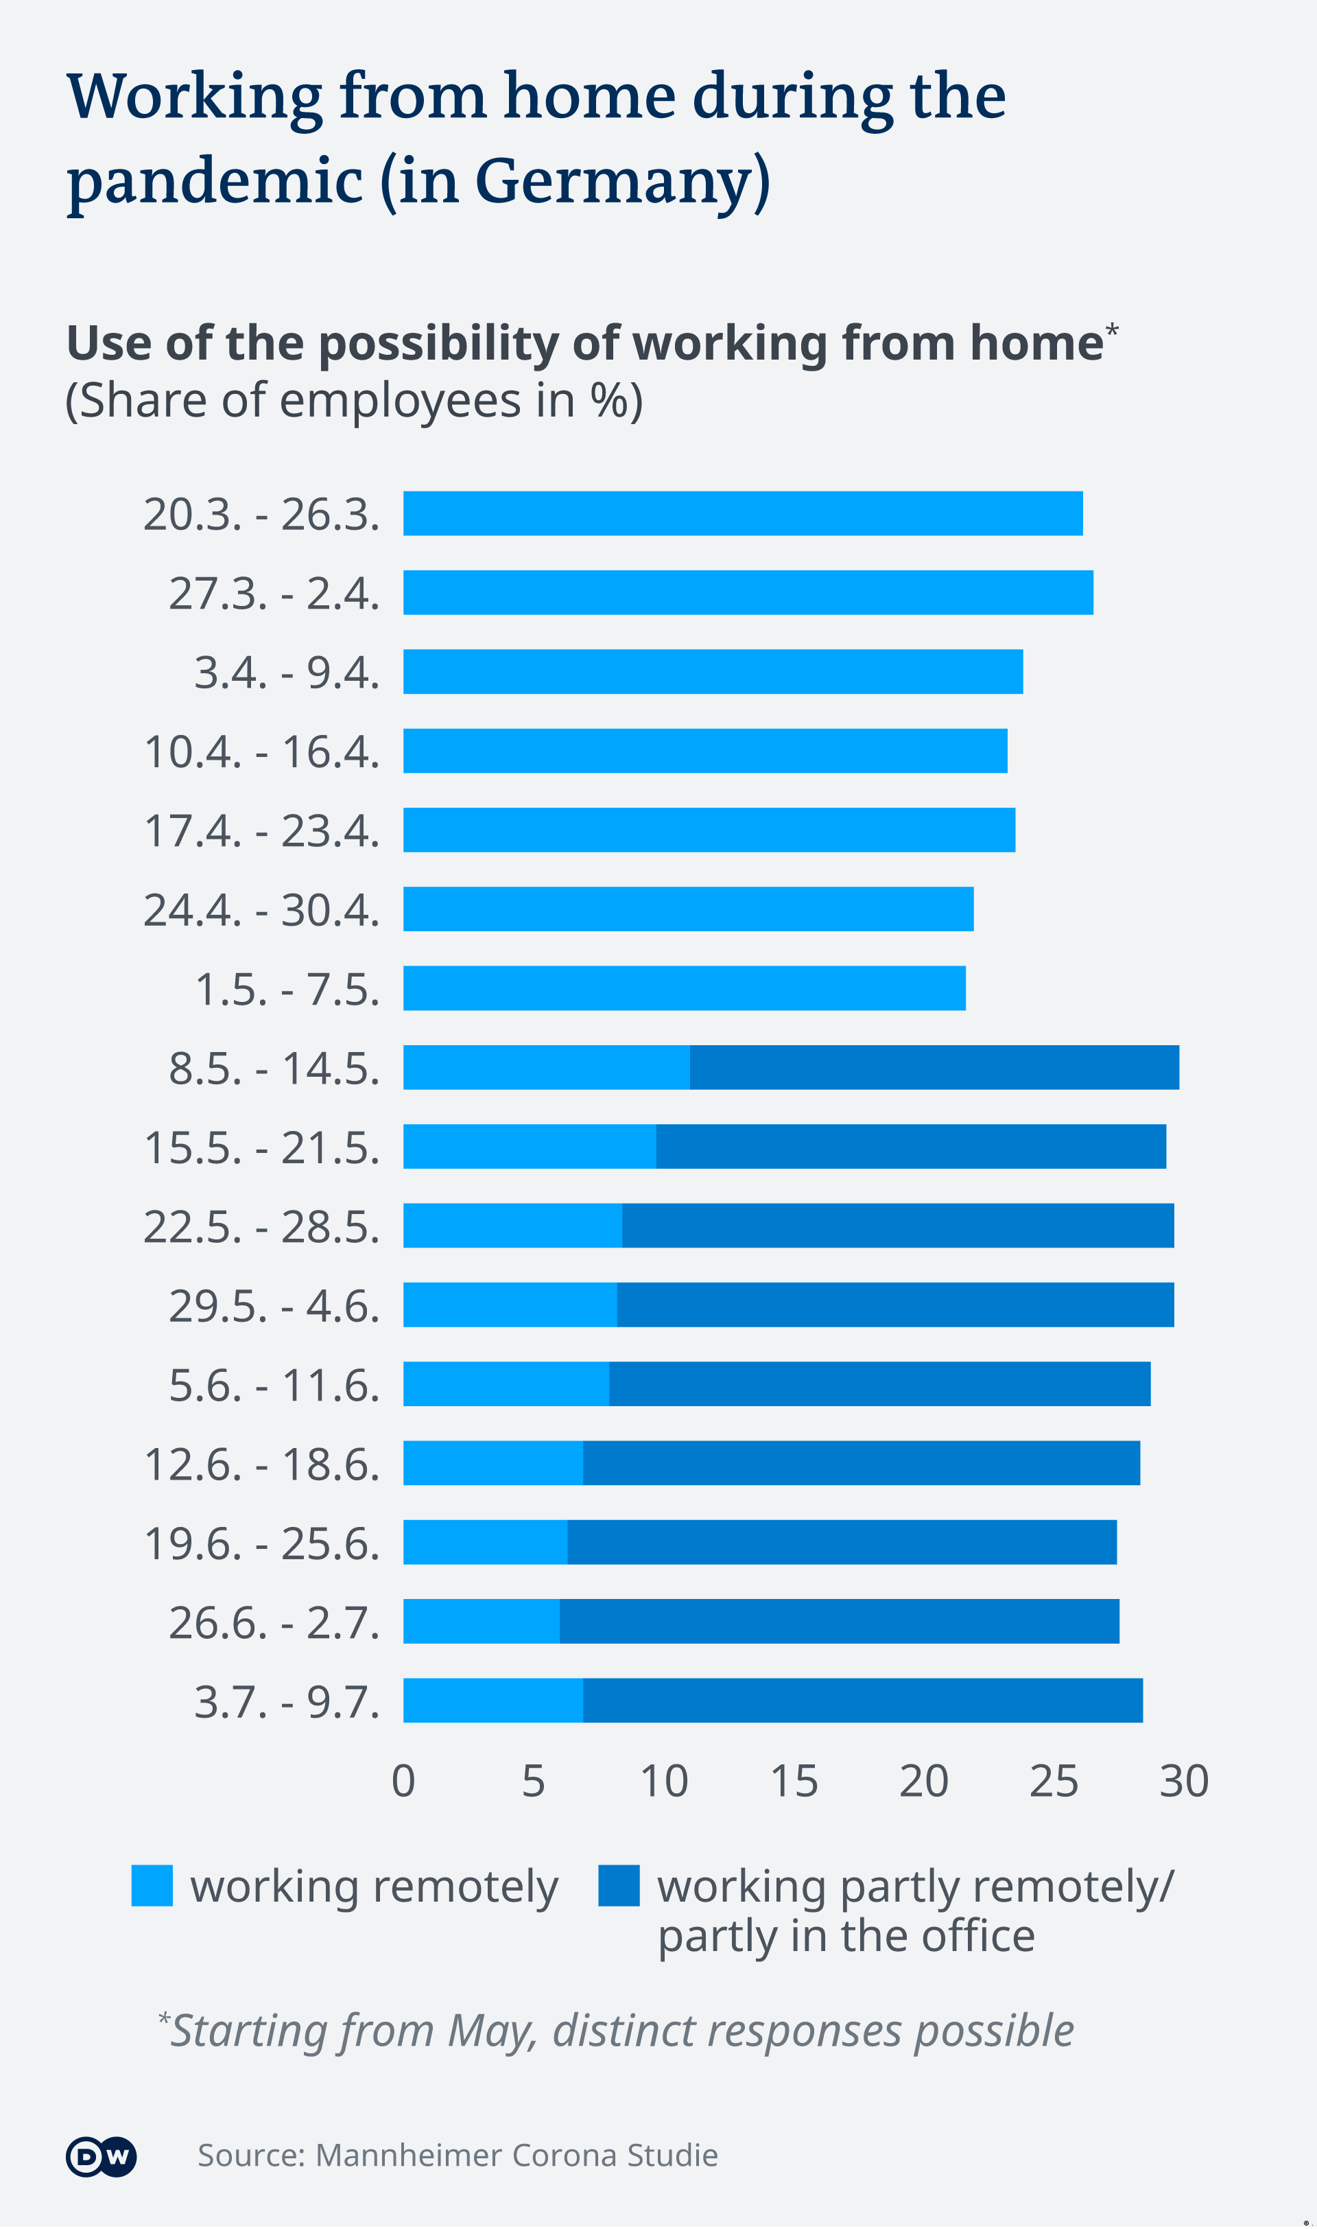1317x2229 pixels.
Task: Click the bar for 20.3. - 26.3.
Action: coord(743,513)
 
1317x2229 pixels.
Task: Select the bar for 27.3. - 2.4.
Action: coord(748,592)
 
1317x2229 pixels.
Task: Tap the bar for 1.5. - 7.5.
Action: coord(685,988)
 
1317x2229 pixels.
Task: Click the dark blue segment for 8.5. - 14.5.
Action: coord(934,1067)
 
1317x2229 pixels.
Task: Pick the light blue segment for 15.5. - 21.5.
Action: coord(530,1146)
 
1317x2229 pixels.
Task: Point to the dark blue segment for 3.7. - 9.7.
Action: coord(863,1700)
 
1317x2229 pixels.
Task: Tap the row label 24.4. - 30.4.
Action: coord(262,910)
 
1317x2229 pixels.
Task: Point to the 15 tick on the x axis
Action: coord(794,1782)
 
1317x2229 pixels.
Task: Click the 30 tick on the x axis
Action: coord(1184,1782)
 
